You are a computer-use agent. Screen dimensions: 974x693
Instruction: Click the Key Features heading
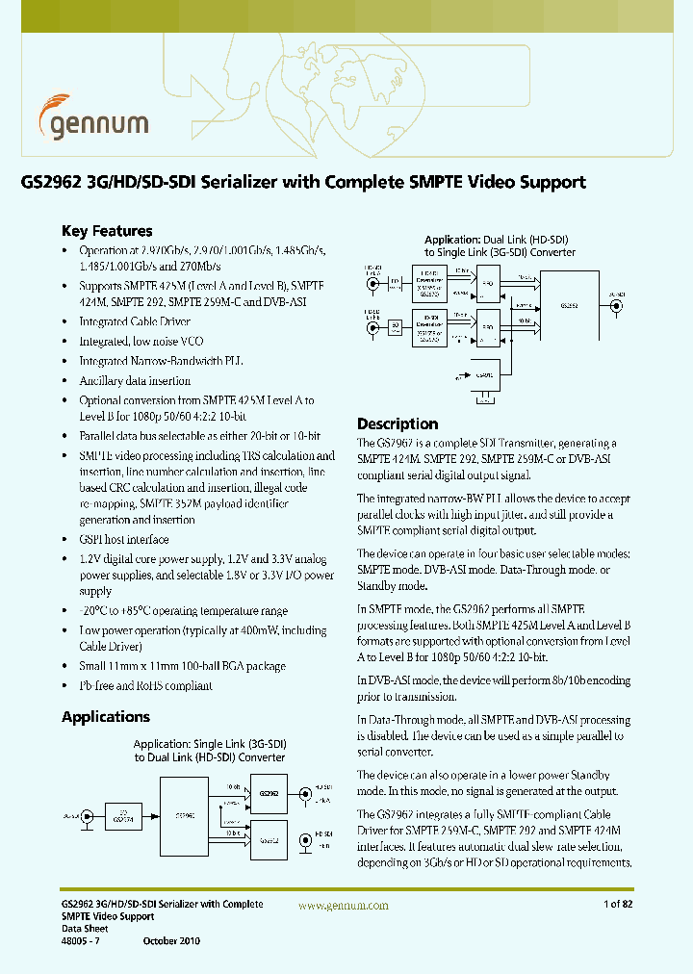click(107, 231)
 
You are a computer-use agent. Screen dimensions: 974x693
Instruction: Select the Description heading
click(398, 423)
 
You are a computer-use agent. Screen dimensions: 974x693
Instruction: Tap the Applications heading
click(106, 717)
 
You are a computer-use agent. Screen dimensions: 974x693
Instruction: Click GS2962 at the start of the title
click(50, 182)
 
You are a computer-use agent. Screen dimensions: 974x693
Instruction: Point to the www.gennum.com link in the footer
click(344, 906)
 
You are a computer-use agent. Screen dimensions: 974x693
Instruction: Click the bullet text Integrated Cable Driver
click(135, 322)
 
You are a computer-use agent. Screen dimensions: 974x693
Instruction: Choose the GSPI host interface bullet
click(124, 540)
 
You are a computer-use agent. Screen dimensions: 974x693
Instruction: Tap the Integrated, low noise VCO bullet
click(141, 342)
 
